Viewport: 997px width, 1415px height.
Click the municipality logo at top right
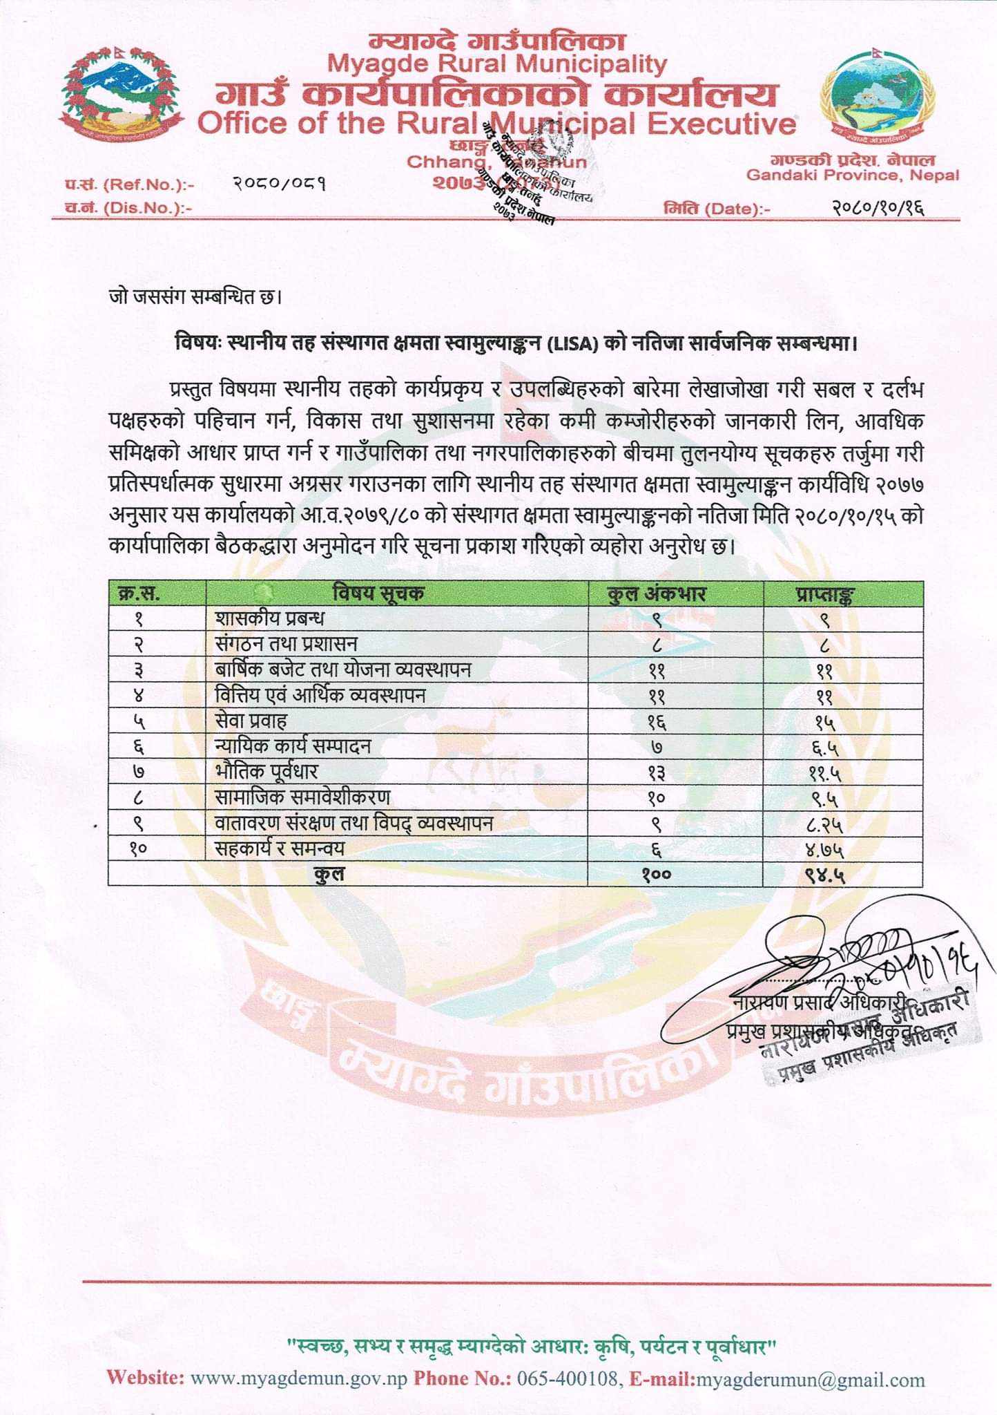(877, 97)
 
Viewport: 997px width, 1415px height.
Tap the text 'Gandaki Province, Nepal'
(853, 175)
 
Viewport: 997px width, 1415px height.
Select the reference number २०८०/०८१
(280, 184)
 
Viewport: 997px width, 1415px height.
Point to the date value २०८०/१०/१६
(878, 207)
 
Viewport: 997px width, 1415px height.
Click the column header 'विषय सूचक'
(378, 593)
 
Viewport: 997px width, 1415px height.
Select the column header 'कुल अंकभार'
(656, 593)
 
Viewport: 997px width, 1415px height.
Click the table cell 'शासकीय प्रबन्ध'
(270, 618)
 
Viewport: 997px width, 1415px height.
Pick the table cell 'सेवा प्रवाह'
(251, 721)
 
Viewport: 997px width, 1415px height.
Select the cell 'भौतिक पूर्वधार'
(267, 772)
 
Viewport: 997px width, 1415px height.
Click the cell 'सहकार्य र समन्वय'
(280, 848)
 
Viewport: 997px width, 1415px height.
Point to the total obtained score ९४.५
(825, 875)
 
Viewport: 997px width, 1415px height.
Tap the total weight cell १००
(656, 875)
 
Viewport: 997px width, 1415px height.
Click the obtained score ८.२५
(825, 824)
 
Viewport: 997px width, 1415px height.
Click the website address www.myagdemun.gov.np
(299, 1380)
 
